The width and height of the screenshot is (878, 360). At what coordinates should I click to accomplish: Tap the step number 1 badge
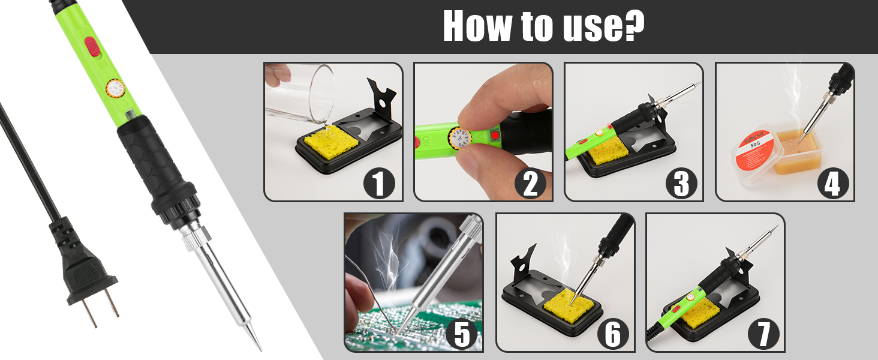(x=378, y=183)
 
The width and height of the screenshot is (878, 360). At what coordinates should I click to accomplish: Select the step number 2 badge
(x=530, y=183)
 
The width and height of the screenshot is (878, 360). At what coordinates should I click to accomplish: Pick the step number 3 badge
(x=681, y=183)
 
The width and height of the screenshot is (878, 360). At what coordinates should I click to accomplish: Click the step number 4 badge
(x=832, y=183)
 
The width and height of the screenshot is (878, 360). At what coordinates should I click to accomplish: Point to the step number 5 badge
(x=461, y=334)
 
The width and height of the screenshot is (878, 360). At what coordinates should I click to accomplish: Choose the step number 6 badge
(x=612, y=334)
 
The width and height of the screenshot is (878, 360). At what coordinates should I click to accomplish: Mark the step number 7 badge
(x=763, y=334)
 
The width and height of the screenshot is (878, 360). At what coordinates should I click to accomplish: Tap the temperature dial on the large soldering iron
(x=115, y=89)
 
